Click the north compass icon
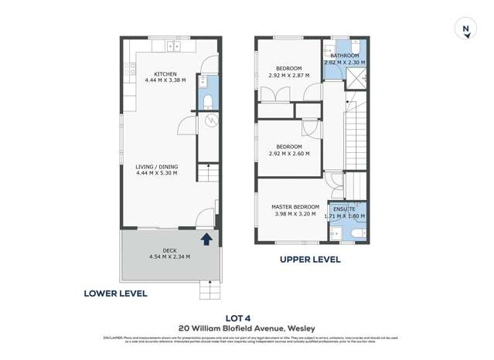pyautogui.click(x=465, y=30)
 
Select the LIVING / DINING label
pyautogui.click(x=156, y=167)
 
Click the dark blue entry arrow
pyautogui.click(x=206, y=239)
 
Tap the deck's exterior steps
pyautogui.click(x=210, y=290)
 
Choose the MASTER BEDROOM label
pyautogui.click(x=295, y=207)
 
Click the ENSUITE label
pyautogui.click(x=345, y=209)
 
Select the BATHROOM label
pyautogui.click(x=345, y=56)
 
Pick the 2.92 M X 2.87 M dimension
pyautogui.click(x=288, y=76)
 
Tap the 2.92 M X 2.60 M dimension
pyautogui.click(x=288, y=153)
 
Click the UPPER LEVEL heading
pyautogui.click(x=310, y=260)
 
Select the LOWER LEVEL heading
pyautogui.click(x=116, y=294)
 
